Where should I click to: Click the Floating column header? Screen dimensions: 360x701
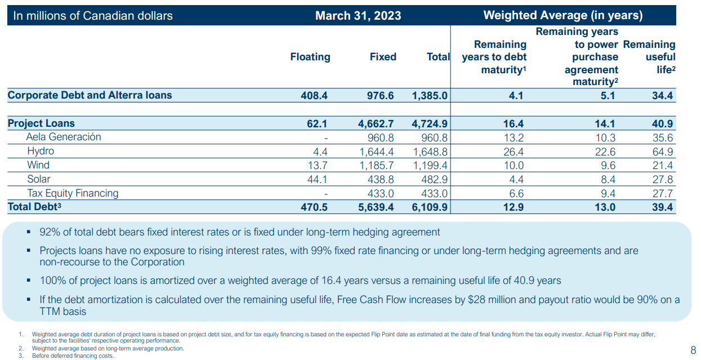tap(310, 57)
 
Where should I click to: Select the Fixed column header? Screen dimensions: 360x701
tap(383, 57)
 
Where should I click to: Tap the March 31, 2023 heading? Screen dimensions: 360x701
tap(358, 16)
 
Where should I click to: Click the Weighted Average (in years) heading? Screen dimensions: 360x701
tap(563, 16)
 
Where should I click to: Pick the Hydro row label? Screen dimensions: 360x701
tap(41, 152)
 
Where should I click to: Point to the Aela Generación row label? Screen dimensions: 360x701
tap(64, 137)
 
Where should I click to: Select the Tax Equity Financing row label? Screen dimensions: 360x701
tap(73, 193)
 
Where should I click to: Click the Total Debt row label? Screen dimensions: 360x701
tap(34, 207)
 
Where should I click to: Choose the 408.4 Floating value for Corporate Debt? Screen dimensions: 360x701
tap(314, 96)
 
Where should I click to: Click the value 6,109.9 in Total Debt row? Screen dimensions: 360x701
tap(430, 207)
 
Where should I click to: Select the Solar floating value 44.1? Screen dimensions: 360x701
tap(316, 179)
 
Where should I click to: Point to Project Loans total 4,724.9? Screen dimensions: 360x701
tap(430, 124)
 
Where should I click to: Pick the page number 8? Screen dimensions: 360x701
tap(693, 349)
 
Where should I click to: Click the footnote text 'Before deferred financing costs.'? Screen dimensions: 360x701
tap(73, 355)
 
